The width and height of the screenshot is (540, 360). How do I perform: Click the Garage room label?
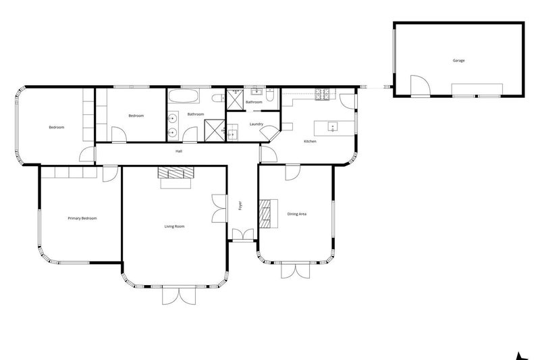[458, 61]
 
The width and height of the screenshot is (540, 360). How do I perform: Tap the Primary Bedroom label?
[82, 218]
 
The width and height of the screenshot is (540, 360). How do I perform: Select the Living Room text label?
[174, 226]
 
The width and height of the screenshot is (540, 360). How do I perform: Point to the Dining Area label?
[298, 214]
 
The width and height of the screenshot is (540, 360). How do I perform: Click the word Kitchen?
[310, 141]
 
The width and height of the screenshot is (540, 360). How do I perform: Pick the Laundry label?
[256, 124]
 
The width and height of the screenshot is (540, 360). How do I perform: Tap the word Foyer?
[240, 205]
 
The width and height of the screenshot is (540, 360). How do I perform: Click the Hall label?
[179, 151]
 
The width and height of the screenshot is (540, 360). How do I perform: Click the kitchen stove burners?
[321, 95]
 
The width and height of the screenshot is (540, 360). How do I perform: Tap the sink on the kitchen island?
[333, 126]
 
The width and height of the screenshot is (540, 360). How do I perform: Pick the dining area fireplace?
[270, 214]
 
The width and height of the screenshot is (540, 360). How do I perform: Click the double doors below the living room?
[175, 295]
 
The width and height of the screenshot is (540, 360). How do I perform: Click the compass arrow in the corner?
[520, 356]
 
